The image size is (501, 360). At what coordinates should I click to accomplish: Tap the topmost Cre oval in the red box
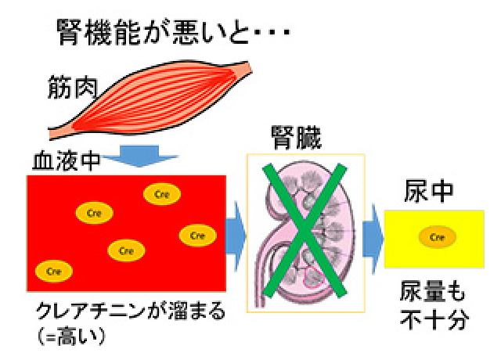[162, 194]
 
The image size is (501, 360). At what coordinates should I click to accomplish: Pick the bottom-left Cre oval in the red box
[54, 271]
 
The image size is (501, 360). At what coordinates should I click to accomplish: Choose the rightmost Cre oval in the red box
[197, 235]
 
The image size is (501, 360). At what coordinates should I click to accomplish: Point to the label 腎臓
[295, 137]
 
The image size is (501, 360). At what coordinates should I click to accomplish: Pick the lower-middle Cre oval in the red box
[127, 250]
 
